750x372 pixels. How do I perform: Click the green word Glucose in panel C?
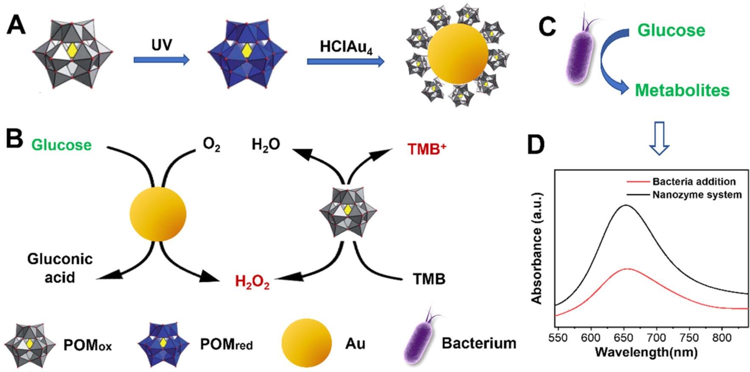pyautogui.click(x=671, y=30)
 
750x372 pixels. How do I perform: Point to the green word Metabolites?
pyautogui.click(x=682, y=90)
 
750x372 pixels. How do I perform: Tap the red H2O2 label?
pyautogui.click(x=252, y=282)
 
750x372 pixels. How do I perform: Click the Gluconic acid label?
pyautogui.click(x=60, y=268)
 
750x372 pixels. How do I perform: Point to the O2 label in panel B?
pyautogui.click(x=211, y=145)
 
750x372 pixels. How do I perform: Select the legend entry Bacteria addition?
pyautogui.click(x=694, y=182)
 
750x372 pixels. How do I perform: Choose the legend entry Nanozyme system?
pyautogui.click(x=697, y=195)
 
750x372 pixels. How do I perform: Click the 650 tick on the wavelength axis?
pyautogui.click(x=624, y=338)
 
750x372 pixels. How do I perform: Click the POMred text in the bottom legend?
pyautogui.click(x=226, y=344)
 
